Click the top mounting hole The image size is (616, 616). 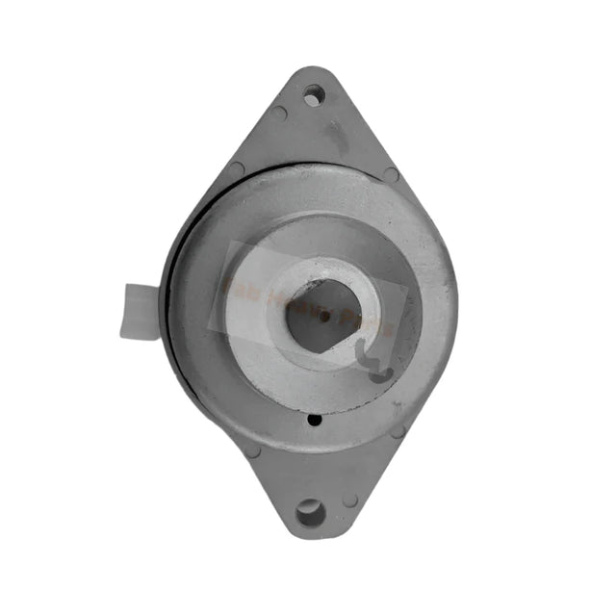[x=313, y=94]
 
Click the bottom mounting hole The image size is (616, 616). [x=310, y=511]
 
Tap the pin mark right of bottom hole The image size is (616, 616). [x=350, y=500]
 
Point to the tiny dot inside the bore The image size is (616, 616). [x=325, y=315]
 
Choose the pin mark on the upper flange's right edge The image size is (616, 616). [x=390, y=174]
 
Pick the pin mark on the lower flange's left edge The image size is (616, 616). [x=252, y=449]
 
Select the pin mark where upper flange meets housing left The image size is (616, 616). [x=236, y=171]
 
